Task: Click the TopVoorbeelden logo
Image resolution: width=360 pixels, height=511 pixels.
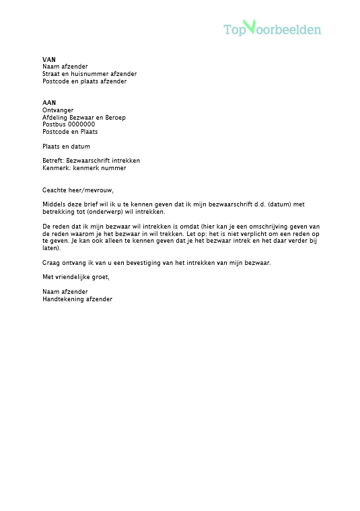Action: tap(272, 29)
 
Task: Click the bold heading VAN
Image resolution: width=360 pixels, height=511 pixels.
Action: tap(48, 59)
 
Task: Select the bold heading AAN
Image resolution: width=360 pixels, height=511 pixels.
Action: tap(49, 103)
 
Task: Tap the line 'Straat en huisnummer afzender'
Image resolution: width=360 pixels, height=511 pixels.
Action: tap(89, 74)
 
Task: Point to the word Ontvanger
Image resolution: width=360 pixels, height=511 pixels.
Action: tap(58, 110)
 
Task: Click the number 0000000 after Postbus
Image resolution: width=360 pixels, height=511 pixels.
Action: tap(81, 124)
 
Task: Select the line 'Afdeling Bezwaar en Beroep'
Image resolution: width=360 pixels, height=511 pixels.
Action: tap(84, 118)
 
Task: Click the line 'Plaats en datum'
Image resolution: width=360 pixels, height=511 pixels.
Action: tap(66, 147)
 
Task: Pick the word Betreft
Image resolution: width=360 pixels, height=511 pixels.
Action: tap(53, 161)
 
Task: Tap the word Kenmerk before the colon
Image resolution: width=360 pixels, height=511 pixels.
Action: tap(55, 168)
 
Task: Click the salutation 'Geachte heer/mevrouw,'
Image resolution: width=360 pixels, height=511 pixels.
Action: tap(78, 190)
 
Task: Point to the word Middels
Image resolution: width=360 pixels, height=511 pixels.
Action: tap(53, 204)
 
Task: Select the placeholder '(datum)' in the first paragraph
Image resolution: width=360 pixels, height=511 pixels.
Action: tap(269, 204)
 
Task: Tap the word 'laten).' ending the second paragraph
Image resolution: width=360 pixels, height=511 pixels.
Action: tap(51, 248)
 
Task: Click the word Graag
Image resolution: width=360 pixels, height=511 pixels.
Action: tap(51, 263)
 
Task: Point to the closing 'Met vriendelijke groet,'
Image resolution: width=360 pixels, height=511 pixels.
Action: tap(75, 277)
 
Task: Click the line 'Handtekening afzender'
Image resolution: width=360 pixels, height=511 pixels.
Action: tap(77, 299)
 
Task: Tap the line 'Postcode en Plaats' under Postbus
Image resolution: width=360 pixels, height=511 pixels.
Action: tap(70, 132)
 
